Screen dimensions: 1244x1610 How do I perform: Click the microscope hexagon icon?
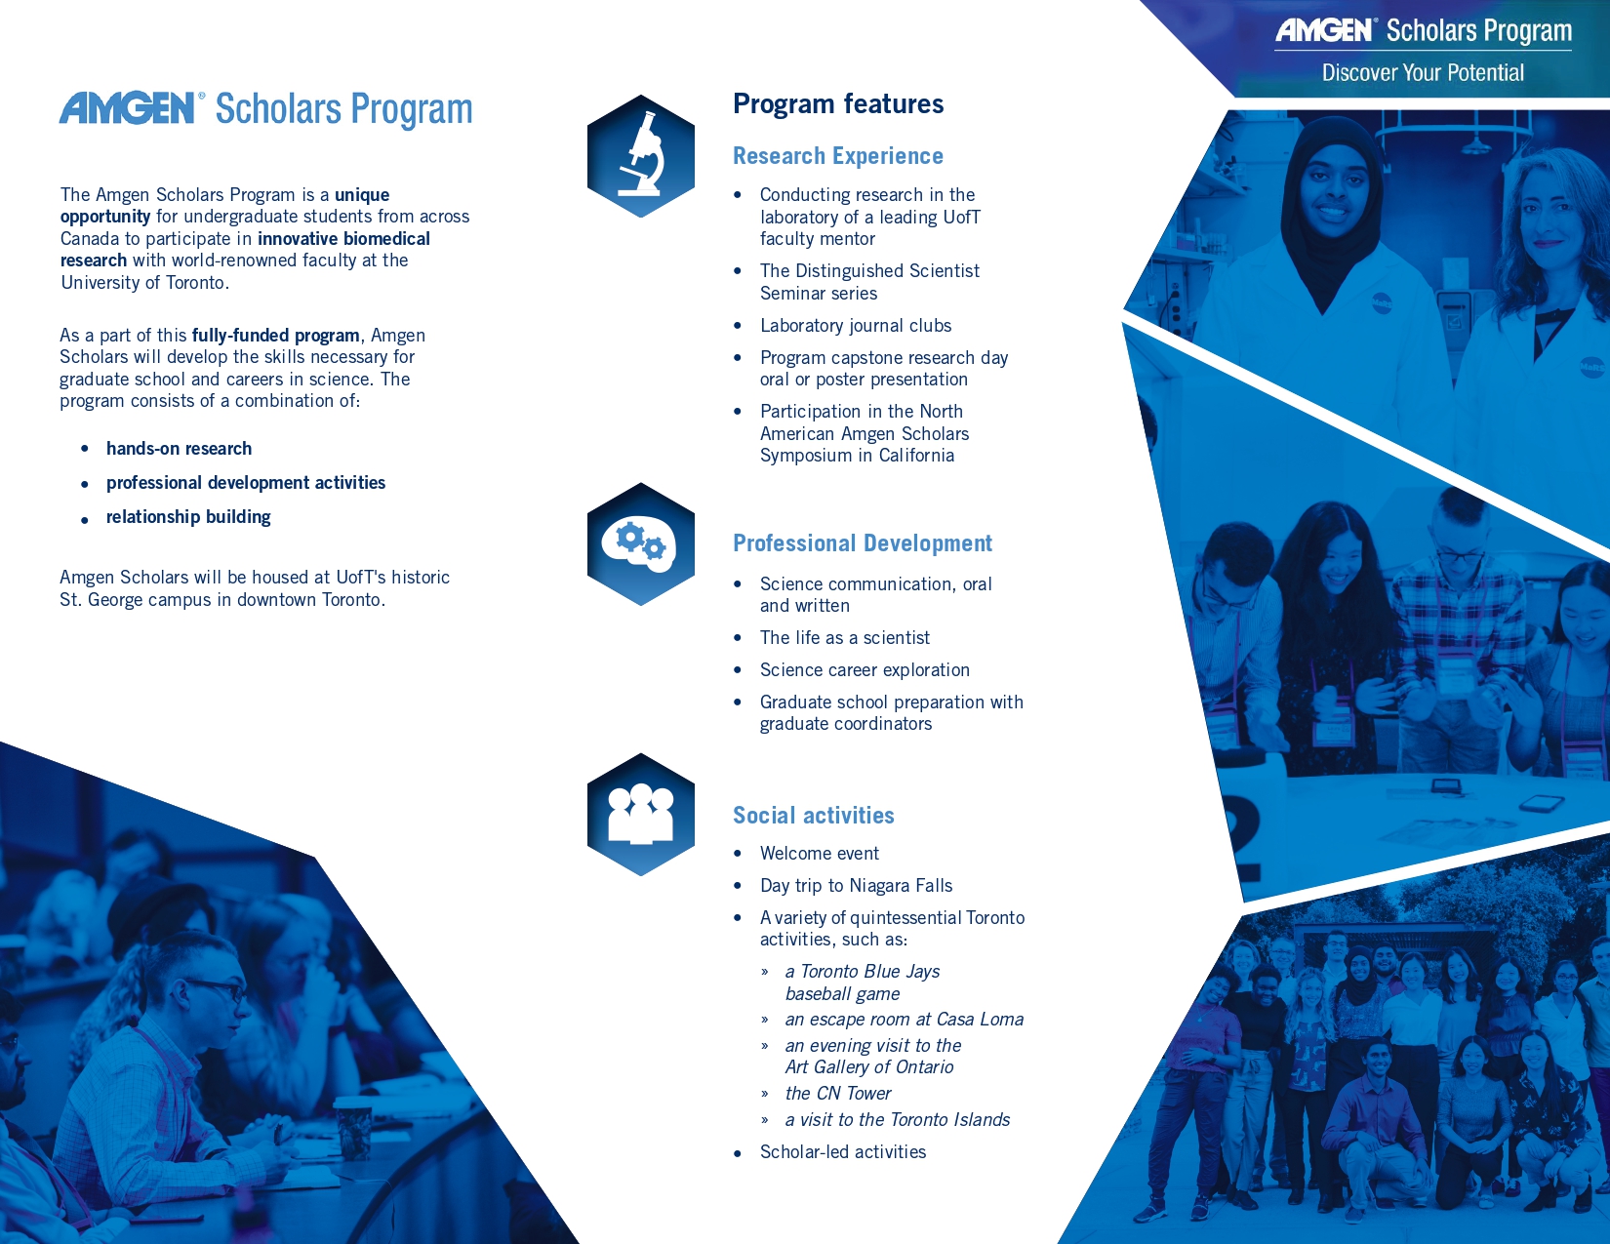coord(641,156)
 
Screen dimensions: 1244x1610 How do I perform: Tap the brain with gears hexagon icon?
coord(641,543)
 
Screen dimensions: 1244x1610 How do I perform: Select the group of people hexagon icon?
coord(641,814)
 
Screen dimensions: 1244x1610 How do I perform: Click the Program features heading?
coord(838,104)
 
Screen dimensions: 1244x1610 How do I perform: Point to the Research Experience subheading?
coord(838,156)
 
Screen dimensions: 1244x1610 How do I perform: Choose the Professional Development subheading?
coord(863,543)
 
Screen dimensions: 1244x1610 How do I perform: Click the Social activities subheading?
coord(814,816)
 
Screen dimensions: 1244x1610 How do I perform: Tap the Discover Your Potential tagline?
coord(1423,73)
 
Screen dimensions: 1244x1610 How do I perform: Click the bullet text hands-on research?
coord(180,449)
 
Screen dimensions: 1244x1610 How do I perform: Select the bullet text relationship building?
coord(188,517)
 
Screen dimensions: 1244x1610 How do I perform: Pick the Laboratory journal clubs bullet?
coord(856,326)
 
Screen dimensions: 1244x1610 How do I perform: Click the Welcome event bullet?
coord(820,854)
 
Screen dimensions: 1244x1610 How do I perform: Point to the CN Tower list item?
coord(838,1094)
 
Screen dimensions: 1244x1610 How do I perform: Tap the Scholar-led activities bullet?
coord(843,1152)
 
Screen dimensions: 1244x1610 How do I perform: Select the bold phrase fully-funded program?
coord(276,336)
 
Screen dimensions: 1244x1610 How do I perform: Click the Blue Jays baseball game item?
coord(863,983)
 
